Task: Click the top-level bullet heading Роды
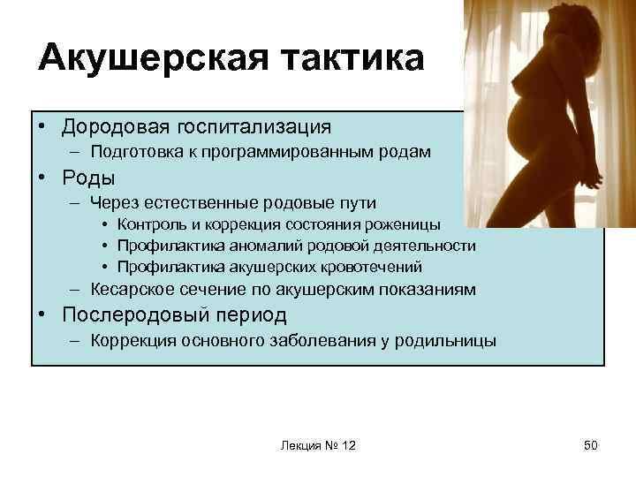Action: tap(88, 178)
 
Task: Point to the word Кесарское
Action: tap(127, 289)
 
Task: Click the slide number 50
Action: tap(590, 445)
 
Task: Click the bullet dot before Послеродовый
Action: tap(42, 315)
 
